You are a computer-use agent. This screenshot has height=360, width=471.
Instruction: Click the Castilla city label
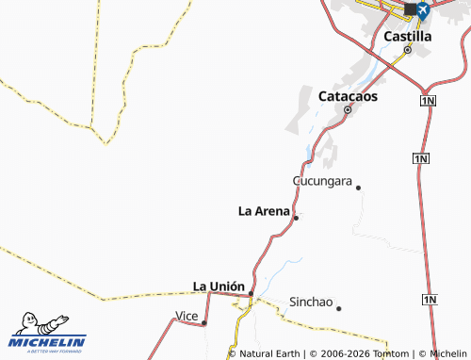click(x=408, y=36)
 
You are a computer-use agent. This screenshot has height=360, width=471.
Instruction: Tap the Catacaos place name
click(x=349, y=96)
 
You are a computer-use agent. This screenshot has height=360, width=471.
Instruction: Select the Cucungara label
click(x=322, y=180)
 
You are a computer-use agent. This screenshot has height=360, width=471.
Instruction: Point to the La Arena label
click(x=264, y=211)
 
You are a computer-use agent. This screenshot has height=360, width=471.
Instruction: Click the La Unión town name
click(x=219, y=286)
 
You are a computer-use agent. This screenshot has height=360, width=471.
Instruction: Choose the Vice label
click(x=187, y=315)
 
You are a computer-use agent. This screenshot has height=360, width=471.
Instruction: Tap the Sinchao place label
click(x=311, y=303)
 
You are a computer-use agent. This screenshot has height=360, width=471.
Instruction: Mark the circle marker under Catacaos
click(x=348, y=110)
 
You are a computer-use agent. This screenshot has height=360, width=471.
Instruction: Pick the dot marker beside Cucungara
click(x=358, y=188)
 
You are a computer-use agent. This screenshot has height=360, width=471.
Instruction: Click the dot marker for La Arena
click(x=296, y=218)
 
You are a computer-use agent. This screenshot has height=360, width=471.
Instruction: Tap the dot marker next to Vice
click(x=204, y=322)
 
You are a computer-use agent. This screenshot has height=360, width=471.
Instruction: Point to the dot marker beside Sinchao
click(x=338, y=308)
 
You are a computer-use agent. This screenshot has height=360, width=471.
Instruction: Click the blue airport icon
click(x=422, y=10)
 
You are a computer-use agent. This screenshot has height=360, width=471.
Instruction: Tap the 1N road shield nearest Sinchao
click(x=430, y=300)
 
